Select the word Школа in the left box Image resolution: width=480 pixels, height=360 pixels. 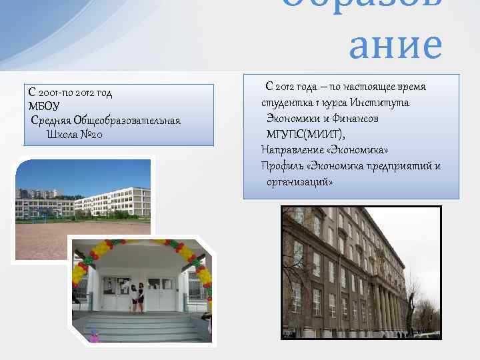point(61,134)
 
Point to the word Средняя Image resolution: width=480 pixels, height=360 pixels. point(51,120)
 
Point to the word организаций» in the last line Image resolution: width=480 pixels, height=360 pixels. point(299,181)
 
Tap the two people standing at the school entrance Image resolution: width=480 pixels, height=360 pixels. point(137,297)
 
